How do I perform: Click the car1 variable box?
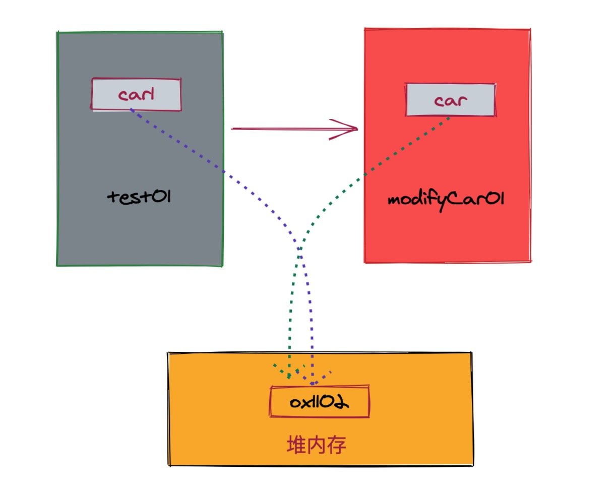pos(136,94)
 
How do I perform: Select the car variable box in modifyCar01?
pos(450,99)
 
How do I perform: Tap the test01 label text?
pos(140,196)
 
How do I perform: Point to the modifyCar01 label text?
pos(446,200)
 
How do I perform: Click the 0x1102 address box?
pos(320,402)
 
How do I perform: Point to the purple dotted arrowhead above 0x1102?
pos(313,379)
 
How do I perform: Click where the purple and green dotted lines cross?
pos(299,252)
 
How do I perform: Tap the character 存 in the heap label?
pos(337,445)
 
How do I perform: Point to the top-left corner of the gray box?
pos(57,32)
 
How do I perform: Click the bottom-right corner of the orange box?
pos(472,465)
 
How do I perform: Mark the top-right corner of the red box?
pos(530,30)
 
